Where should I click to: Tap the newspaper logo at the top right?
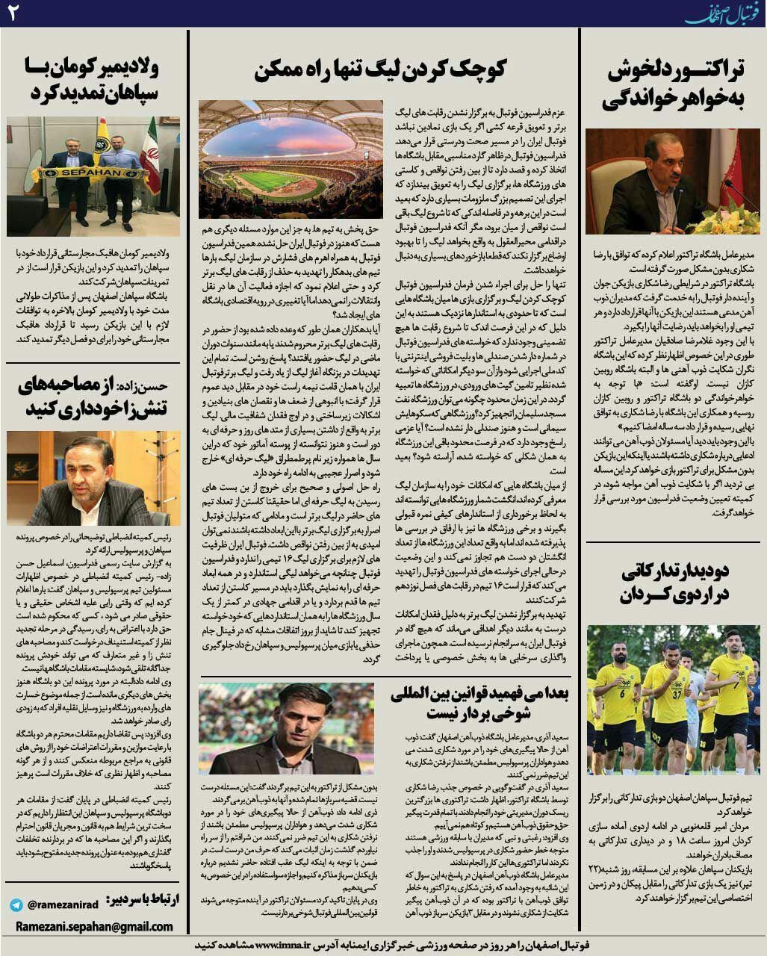pyautogui.click(x=721, y=13)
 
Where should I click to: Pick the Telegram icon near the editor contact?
pyautogui.click(x=16, y=904)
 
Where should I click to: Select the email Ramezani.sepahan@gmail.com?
pyautogui.click(x=93, y=926)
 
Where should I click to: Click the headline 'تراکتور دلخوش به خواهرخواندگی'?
pyautogui.click(x=676, y=85)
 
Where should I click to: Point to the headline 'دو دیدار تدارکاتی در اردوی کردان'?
pyautogui.click(x=676, y=583)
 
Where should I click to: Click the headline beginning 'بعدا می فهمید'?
pyautogui.click(x=479, y=703)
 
